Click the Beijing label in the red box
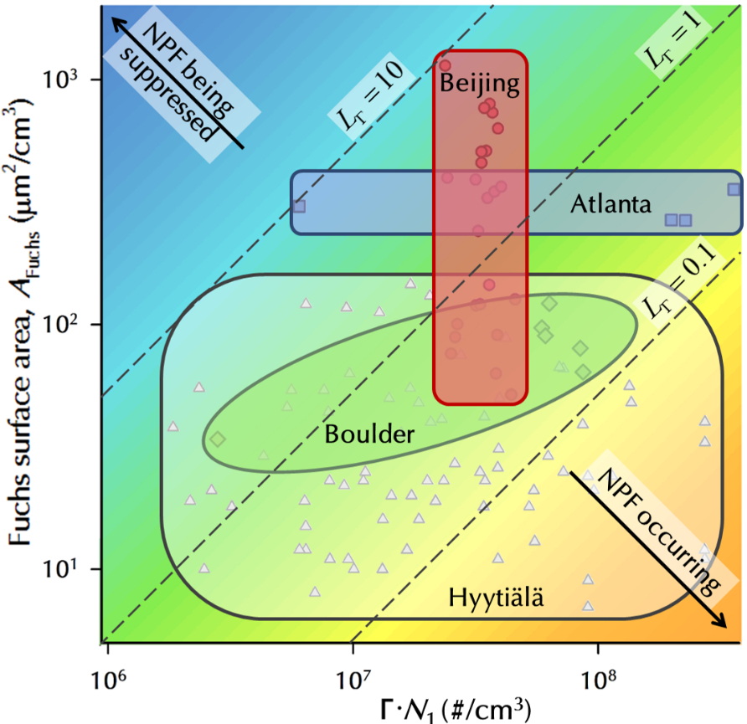(x=480, y=84)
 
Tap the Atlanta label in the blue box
(x=610, y=203)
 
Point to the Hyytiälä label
(x=497, y=598)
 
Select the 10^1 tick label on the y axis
(x=59, y=568)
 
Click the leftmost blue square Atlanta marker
(x=299, y=206)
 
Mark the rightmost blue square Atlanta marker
(x=734, y=189)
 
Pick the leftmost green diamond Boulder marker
(x=218, y=439)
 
